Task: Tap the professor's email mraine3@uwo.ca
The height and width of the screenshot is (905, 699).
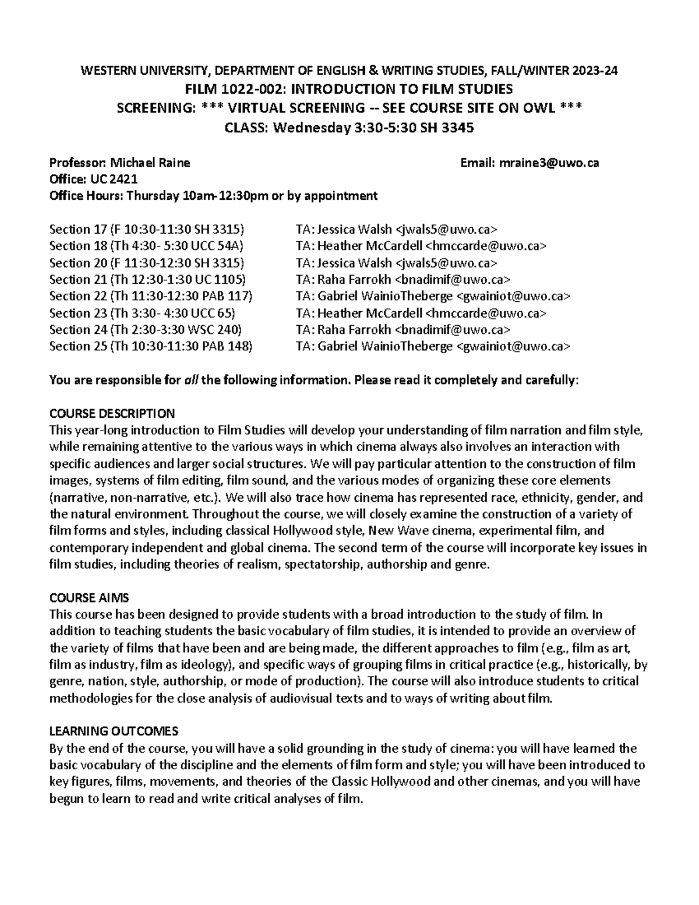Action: (549, 163)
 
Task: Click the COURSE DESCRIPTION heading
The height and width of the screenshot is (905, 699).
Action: (112, 414)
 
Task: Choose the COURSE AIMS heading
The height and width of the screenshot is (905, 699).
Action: (89, 598)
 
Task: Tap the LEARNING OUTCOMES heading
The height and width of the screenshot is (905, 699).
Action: (114, 731)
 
